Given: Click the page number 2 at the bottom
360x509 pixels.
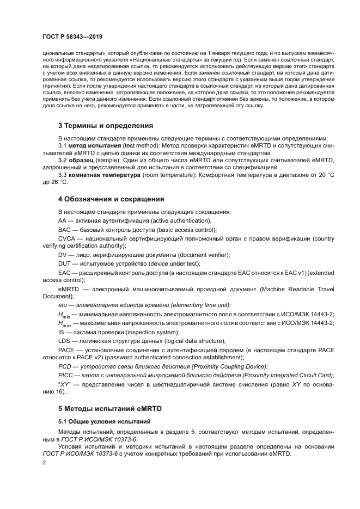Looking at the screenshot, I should (x=45, y=462).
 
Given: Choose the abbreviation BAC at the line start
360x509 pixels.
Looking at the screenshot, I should (x=65, y=230).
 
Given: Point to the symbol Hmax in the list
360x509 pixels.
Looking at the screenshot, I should (x=64, y=323).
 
